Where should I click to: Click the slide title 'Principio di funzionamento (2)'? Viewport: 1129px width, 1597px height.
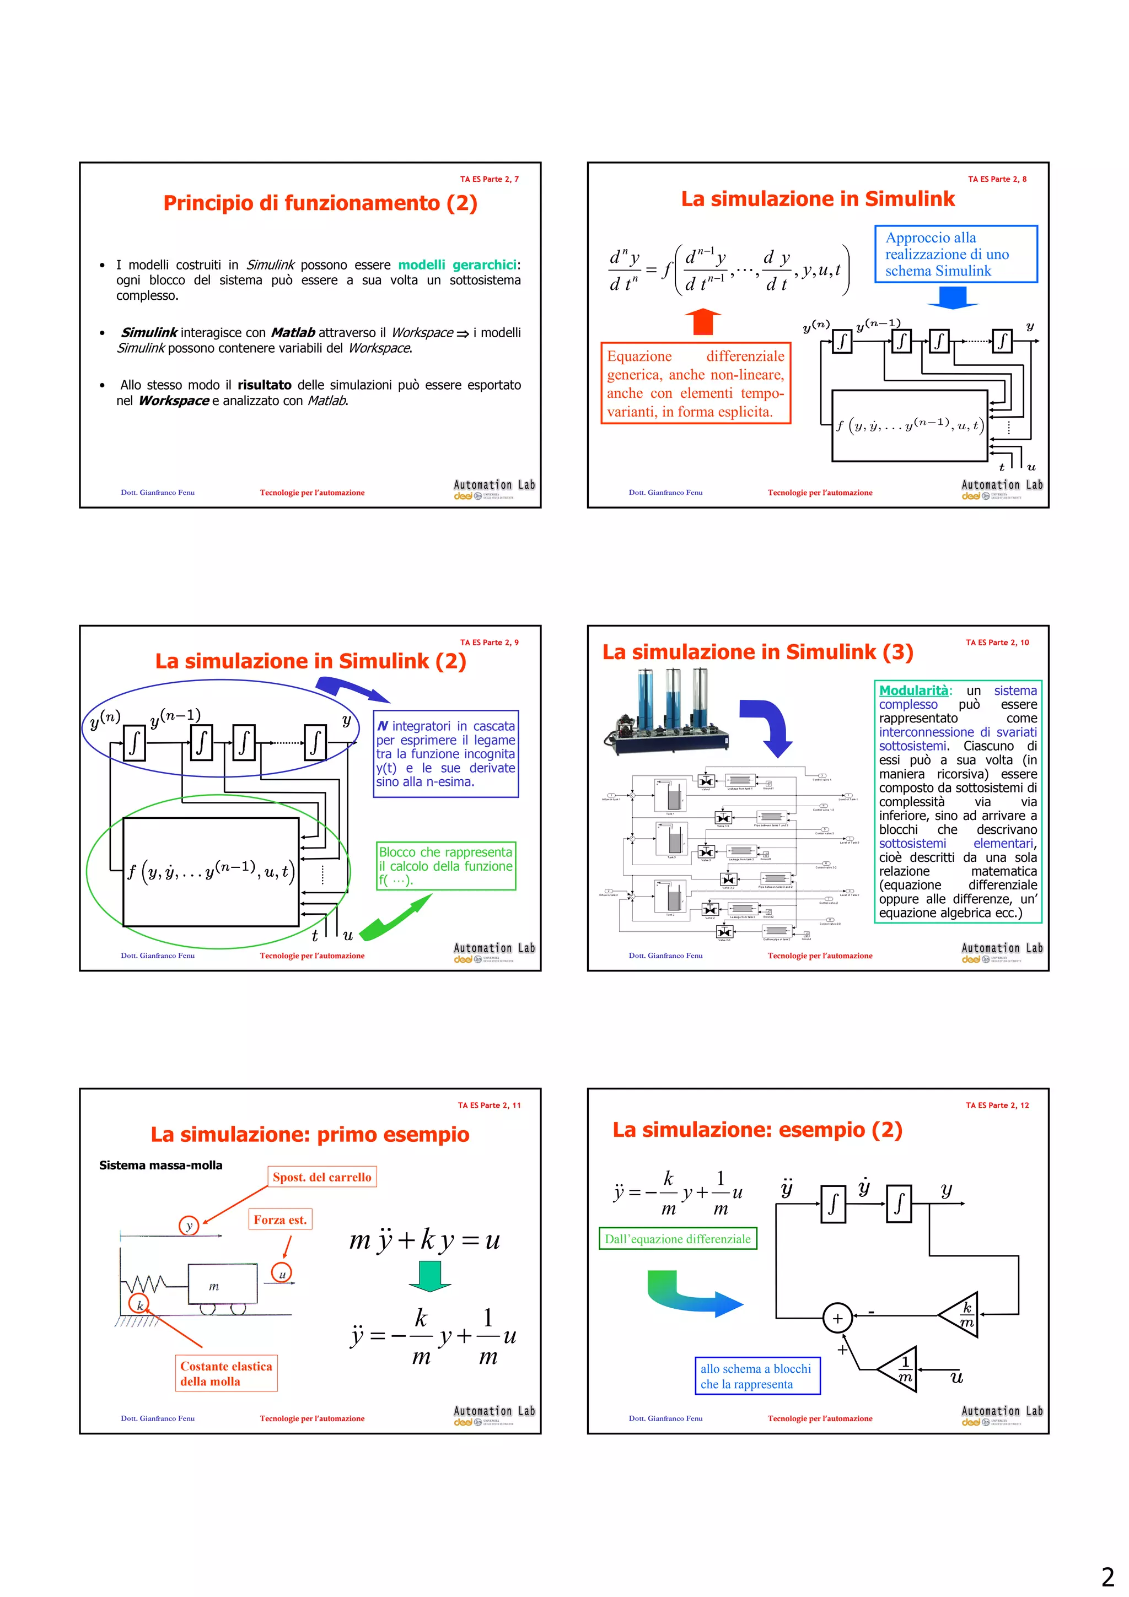pos(320,203)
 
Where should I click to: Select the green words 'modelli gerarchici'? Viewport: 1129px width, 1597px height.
pos(457,265)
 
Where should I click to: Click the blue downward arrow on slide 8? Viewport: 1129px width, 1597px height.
pos(952,297)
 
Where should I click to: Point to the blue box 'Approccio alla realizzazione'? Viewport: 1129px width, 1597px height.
pos(955,254)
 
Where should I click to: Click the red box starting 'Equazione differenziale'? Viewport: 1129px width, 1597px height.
pos(695,383)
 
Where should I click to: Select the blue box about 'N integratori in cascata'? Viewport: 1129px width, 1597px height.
pos(445,753)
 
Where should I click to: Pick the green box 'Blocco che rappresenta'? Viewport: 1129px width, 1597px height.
pos(446,865)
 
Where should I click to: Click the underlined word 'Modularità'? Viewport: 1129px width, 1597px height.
pos(913,690)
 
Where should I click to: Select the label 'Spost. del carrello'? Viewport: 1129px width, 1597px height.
pos(321,1177)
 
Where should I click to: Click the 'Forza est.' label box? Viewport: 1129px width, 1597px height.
pos(279,1220)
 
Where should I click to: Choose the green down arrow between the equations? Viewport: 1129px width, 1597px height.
pos(429,1276)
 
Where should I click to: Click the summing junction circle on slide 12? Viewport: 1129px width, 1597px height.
pos(837,1318)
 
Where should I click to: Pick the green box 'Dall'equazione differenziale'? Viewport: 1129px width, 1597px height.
pos(677,1239)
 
